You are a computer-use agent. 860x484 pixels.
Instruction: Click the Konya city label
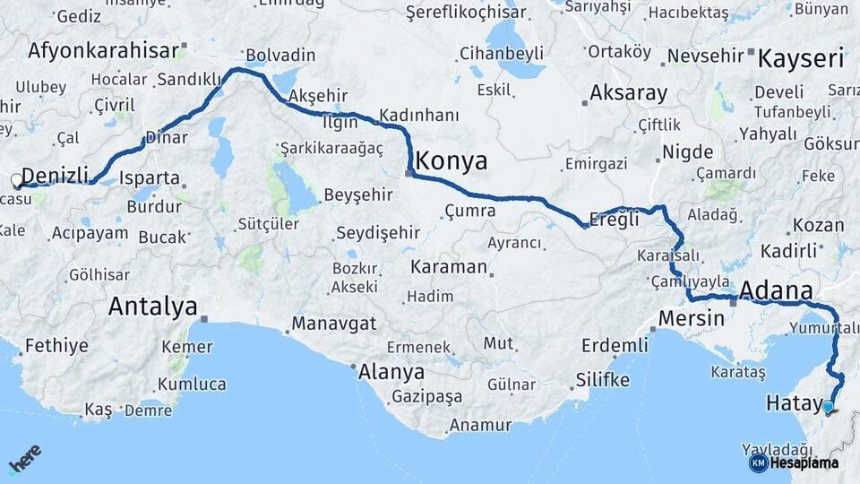coord(451,161)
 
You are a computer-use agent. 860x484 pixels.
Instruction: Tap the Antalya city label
coord(152,307)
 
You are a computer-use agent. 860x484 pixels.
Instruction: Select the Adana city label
coord(777,291)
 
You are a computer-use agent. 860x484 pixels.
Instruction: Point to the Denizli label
coord(55,175)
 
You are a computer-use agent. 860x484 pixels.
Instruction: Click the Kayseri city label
coord(801,60)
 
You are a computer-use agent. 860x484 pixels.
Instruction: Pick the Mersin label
coord(691,318)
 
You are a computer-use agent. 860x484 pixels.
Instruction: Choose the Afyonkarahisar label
coord(103,50)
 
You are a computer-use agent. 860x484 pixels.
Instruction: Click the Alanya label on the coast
coord(391,372)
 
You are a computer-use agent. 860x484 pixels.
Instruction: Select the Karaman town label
coord(449,267)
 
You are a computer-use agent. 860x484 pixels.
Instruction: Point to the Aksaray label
coord(629,93)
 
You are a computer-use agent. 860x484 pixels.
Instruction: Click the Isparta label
coord(150,177)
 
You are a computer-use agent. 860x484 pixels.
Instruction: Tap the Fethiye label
coord(56,345)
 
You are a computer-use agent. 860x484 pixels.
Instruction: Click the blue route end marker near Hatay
coord(828,407)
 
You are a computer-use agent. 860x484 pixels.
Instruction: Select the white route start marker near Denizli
coord(17,182)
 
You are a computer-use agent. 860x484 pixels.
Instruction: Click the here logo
coord(24,459)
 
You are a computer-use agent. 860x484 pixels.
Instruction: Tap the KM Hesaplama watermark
coord(794,462)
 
